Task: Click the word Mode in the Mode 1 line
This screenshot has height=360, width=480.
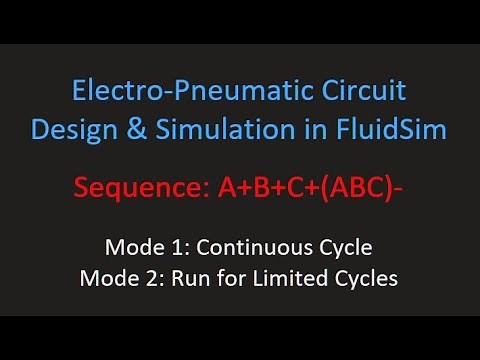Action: (131, 246)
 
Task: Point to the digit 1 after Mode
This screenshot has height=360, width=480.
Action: (170, 246)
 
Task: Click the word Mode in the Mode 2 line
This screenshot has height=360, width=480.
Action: (109, 277)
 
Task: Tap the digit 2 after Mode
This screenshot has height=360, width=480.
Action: (148, 277)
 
